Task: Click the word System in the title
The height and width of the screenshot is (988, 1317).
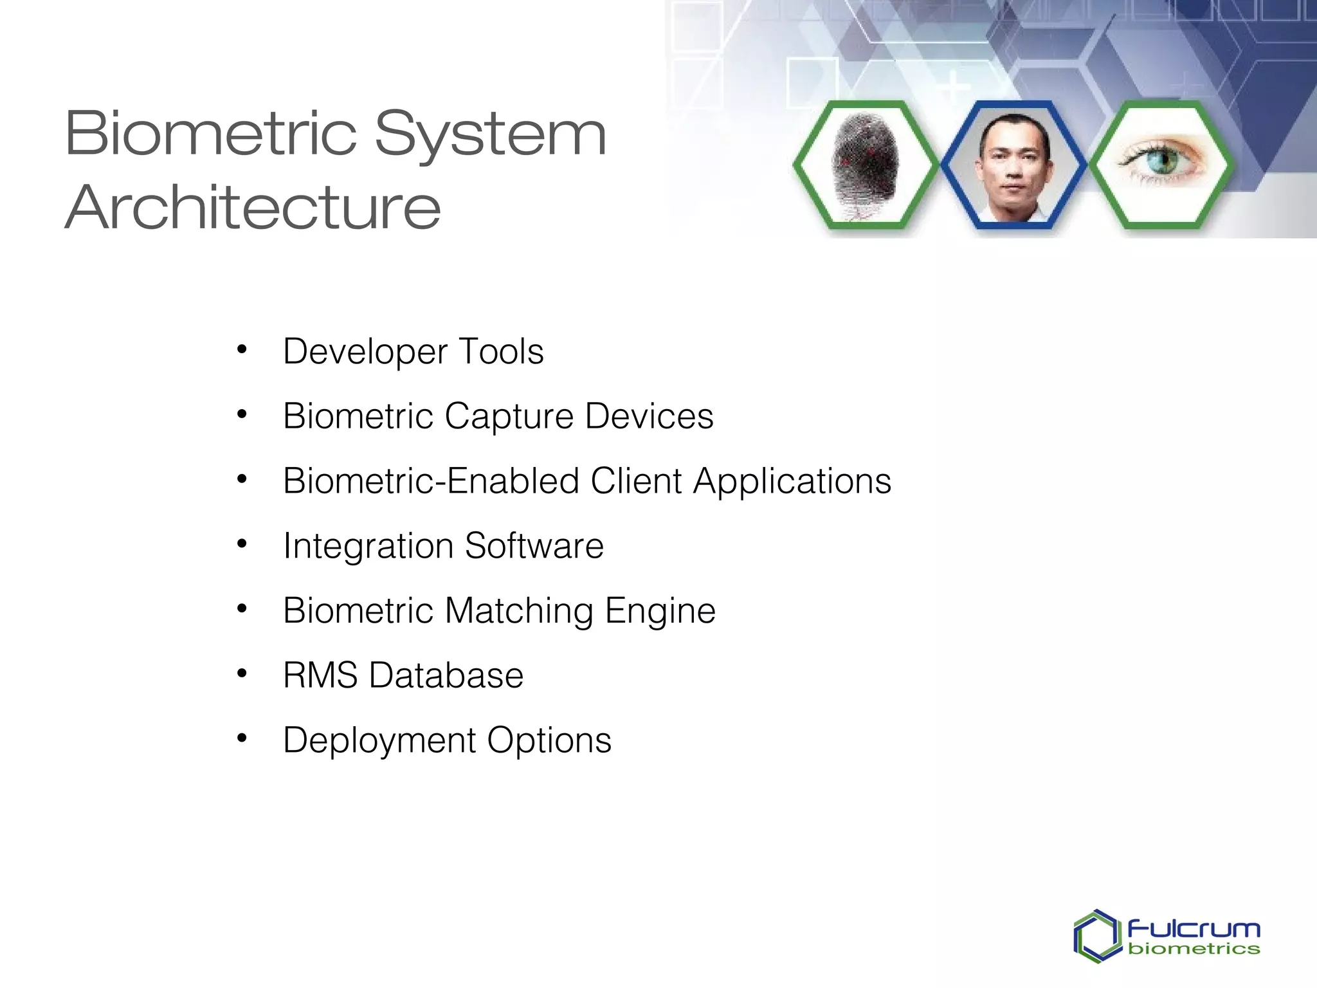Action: pyautogui.click(x=490, y=135)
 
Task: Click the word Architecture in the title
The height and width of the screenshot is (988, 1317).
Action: pyautogui.click(x=253, y=207)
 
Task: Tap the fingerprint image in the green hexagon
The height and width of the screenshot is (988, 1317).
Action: pyautogui.click(x=865, y=165)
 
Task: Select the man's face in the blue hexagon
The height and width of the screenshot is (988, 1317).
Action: pyautogui.click(x=1013, y=165)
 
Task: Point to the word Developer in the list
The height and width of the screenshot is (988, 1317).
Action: pyautogui.click(x=365, y=352)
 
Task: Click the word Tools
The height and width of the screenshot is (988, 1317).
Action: pyautogui.click(x=501, y=352)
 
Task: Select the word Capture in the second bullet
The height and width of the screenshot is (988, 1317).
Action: pyautogui.click(x=509, y=416)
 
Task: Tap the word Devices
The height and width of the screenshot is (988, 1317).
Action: pyautogui.click(x=649, y=416)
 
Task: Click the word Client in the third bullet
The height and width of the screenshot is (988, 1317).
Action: pyautogui.click(x=636, y=481)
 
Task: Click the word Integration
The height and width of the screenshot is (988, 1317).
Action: pyautogui.click(x=368, y=547)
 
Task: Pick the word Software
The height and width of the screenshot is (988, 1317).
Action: pyautogui.click(x=534, y=546)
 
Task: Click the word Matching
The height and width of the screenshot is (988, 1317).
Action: pyautogui.click(x=518, y=611)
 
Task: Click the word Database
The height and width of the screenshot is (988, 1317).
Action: pyautogui.click(x=446, y=675)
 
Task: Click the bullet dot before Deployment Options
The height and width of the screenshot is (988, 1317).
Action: pyautogui.click(x=242, y=738)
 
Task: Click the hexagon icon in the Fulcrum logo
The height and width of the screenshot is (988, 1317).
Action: pyautogui.click(x=1096, y=936)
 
